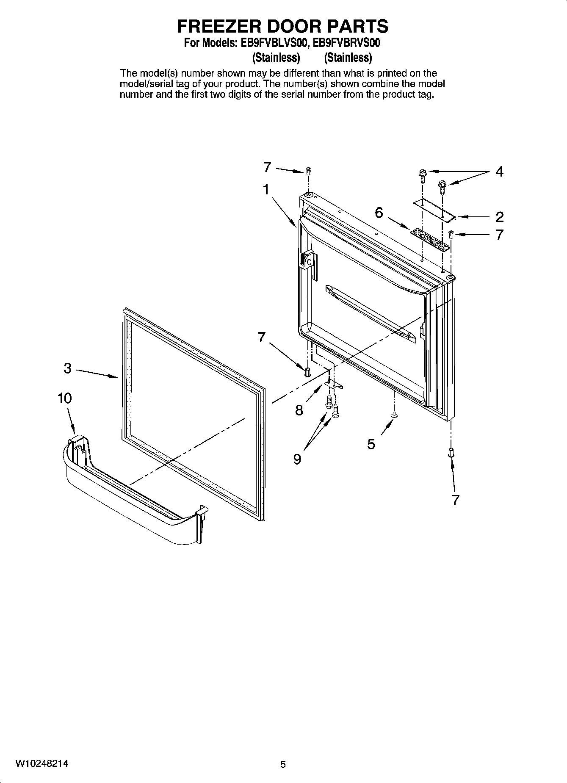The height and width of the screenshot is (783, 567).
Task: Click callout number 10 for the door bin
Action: (x=64, y=398)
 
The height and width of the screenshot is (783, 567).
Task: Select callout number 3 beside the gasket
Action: (x=68, y=368)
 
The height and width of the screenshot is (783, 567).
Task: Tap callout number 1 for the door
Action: (x=266, y=189)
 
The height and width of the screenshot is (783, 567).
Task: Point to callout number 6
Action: (x=379, y=212)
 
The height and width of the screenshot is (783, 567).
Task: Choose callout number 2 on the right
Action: (x=500, y=217)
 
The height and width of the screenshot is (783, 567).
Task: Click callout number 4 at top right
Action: (x=500, y=172)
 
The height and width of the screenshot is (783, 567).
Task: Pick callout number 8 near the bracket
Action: (x=299, y=409)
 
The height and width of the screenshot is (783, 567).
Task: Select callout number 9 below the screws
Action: (x=297, y=459)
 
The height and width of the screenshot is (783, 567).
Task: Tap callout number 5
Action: (x=371, y=444)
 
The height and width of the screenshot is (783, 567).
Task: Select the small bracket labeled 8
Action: (x=334, y=383)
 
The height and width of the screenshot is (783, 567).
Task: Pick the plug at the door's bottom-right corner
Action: (x=451, y=452)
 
